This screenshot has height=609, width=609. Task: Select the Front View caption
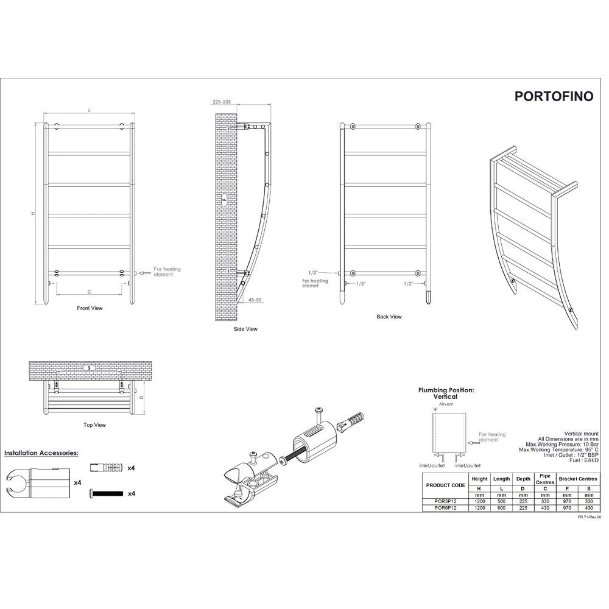point(90,308)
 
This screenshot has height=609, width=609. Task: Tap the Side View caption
point(245,329)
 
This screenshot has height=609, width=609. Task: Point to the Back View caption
point(389,317)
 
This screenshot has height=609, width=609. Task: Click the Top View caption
point(94,425)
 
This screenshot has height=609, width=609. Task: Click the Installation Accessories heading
point(41,454)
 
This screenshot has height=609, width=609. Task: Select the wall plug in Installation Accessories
point(105,467)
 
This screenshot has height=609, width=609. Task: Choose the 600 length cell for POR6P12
point(501,508)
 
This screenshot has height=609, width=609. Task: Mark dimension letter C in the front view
point(89,290)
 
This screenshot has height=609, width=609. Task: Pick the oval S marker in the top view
point(89,368)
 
